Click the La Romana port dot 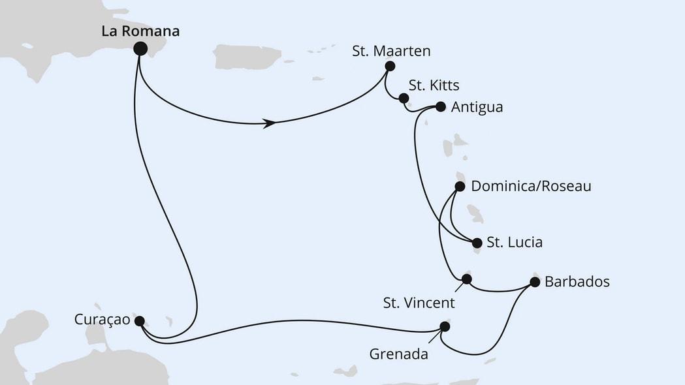(x=140, y=48)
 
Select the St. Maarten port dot (x=390, y=66)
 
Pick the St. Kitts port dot (x=404, y=99)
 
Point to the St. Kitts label (x=434, y=85)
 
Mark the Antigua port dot (x=440, y=106)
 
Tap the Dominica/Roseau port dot (x=459, y=187)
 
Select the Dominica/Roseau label (x=531, y=187)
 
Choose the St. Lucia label (x=515, y=243)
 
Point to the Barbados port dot (x=535, y=282)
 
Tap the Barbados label (x=577, y=282)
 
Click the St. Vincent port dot (x=466, y=279)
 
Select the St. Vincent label (x=419, y=303)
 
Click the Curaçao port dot (x=138, y=320)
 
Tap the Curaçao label (x=102, y=320)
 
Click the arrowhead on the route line (x=268, y=123)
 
